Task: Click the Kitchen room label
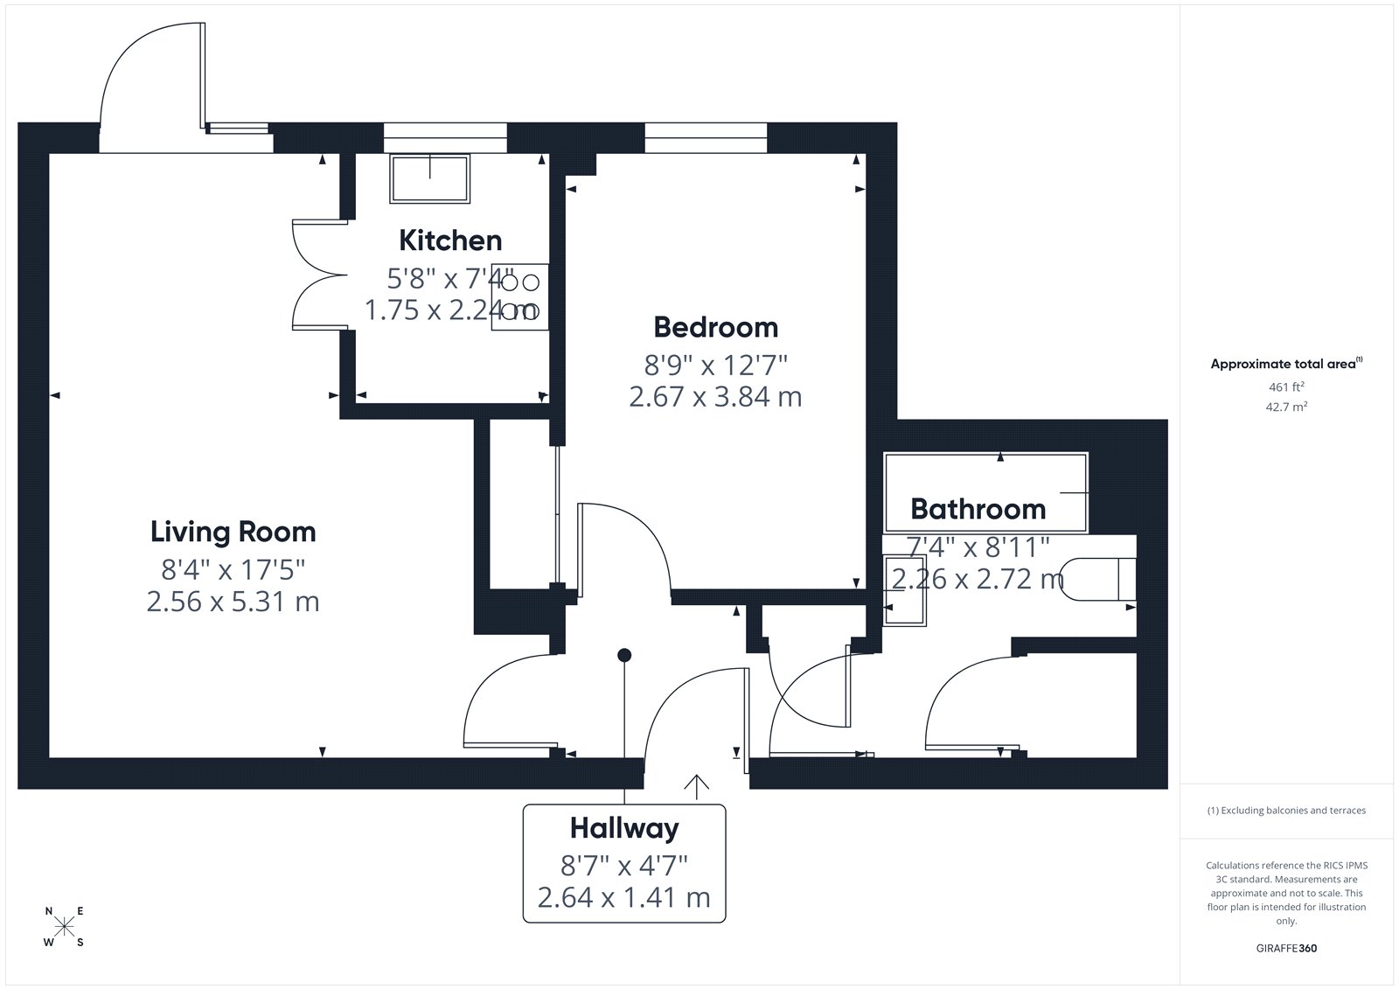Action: (450, 240)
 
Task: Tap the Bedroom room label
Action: (716, 327)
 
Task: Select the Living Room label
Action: (233, 533)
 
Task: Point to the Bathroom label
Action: (978, 509)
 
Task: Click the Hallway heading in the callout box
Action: (624, 829)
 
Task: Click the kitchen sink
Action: (429, 178)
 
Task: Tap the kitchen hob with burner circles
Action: (519, 296)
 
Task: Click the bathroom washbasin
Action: (904, 590)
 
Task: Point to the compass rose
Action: (65, 927)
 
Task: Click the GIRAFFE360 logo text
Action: (1286, 948)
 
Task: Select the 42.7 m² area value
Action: (1286, 407)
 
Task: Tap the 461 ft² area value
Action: (1286, 387)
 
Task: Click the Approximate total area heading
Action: (1286, 364)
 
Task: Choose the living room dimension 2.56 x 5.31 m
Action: (233, 602)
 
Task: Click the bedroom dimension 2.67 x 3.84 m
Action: (716, 397)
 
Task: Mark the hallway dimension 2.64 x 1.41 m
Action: (624, 898)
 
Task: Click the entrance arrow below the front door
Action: (696, 787)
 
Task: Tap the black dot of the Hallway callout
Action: (624, 655)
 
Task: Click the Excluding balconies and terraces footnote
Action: (1286, 811)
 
